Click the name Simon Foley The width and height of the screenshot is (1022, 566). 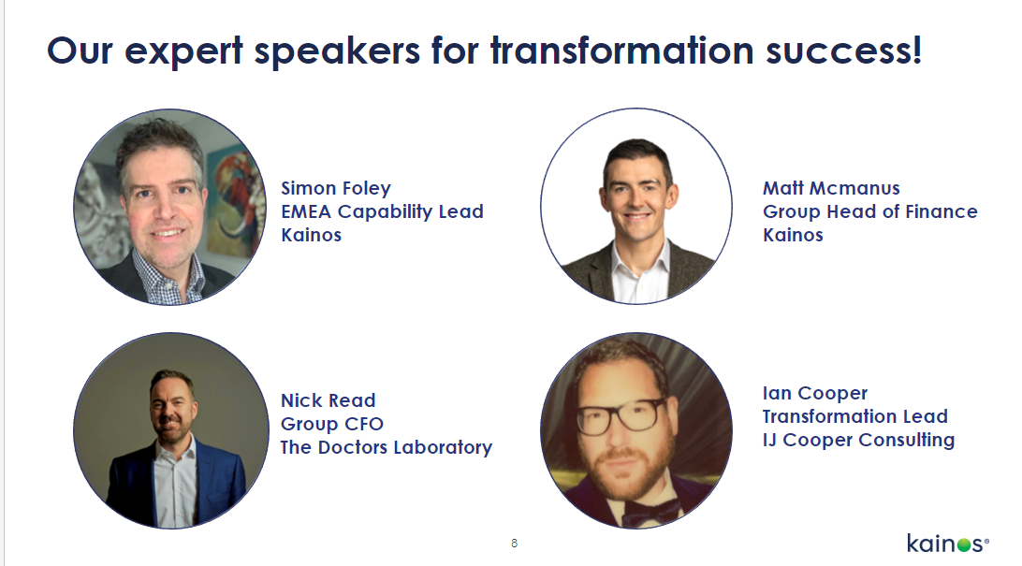pos(336,188)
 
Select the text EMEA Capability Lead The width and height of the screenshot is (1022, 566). pos(382,211)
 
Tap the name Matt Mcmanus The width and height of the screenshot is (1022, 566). pos(831,188)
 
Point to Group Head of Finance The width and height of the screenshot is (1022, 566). pos(869,211)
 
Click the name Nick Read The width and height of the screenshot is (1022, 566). pos(328,400)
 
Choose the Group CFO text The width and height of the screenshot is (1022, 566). pos(331,424)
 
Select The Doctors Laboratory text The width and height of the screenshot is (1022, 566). pos(386,447)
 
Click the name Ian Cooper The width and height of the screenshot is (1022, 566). pos(814,393)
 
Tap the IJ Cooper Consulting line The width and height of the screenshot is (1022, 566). pos(858,440)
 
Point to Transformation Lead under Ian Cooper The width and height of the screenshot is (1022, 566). pos(854,416)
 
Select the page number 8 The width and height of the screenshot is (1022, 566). pos(514,544)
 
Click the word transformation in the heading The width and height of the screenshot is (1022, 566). pos(628,51)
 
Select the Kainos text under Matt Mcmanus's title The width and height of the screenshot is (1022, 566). pos(793,235)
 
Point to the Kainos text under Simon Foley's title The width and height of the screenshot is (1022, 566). pos(311,235)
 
